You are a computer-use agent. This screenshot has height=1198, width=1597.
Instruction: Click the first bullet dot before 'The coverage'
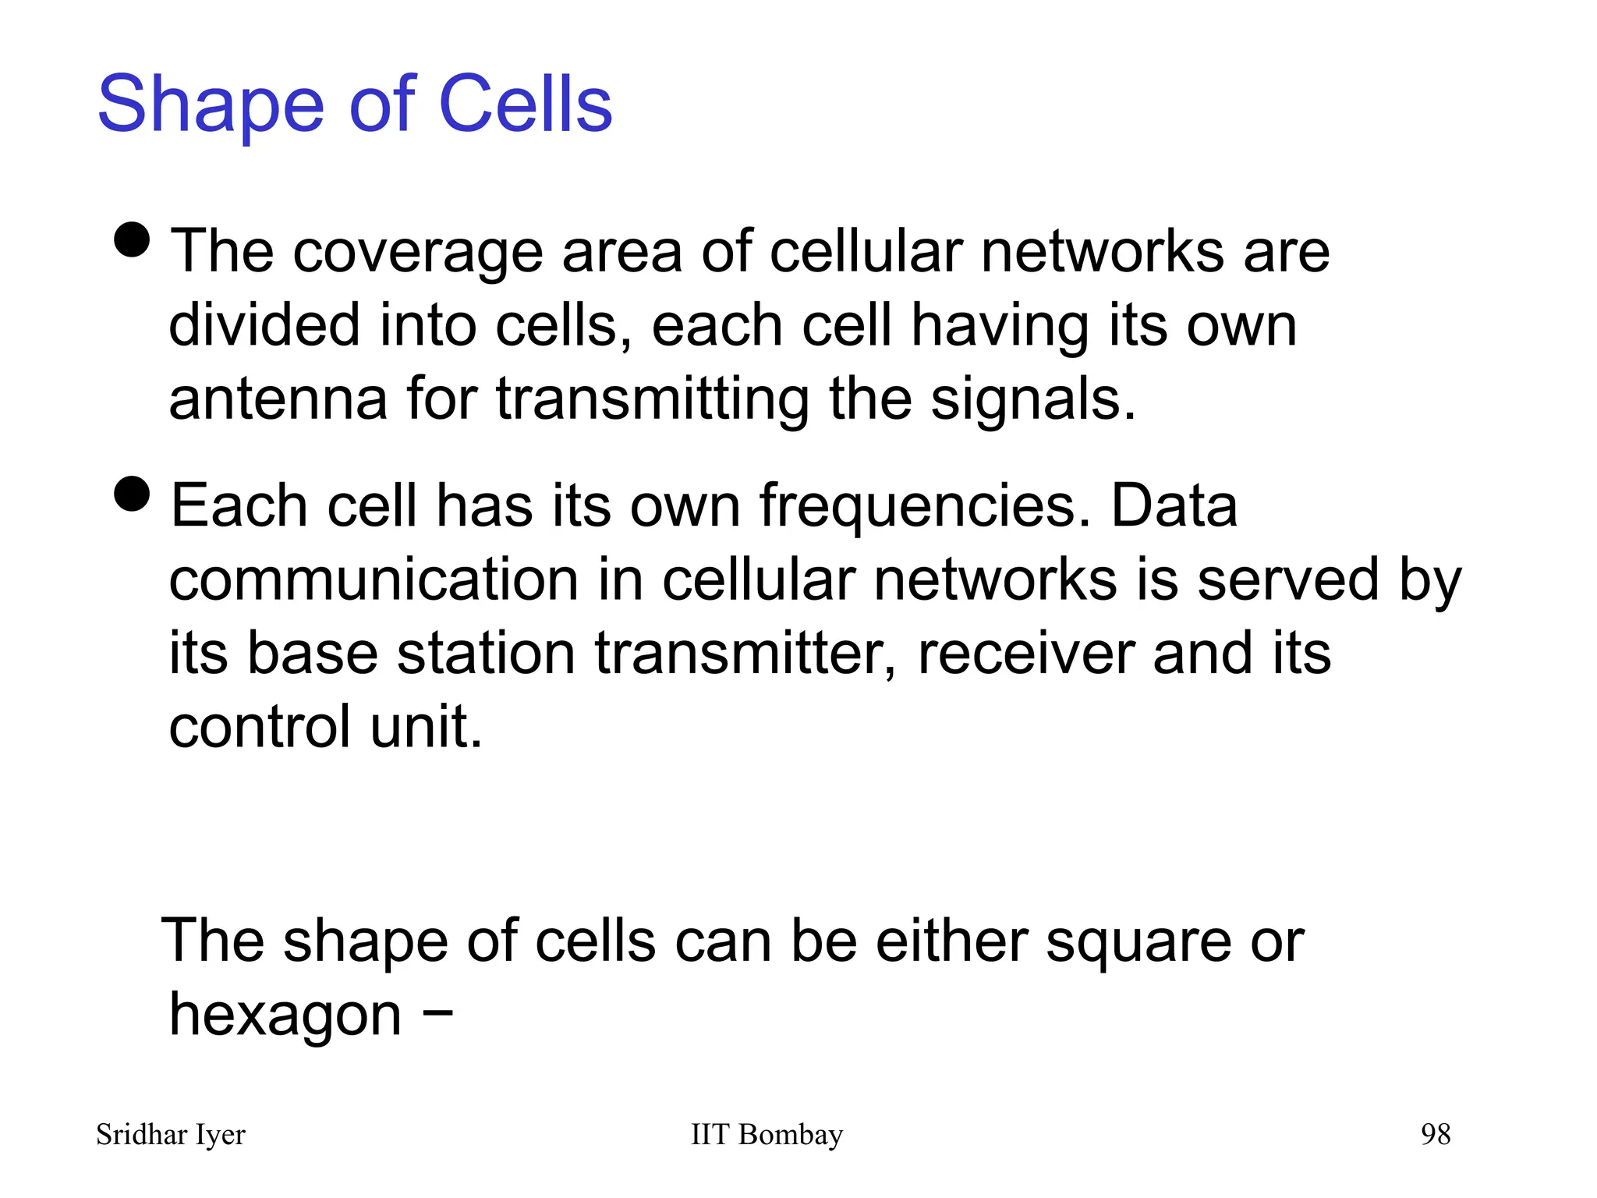(131, 239)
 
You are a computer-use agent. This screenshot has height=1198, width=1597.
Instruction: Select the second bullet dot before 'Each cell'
(131, 494)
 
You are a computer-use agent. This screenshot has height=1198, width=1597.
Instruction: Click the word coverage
(417, 253)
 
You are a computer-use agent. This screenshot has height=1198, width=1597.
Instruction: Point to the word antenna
(278, 399)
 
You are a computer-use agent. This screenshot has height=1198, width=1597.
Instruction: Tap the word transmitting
(653, 399)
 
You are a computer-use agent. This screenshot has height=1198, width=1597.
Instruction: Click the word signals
(1032, 399)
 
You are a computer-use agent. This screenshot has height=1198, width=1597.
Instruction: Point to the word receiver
(1025, 653)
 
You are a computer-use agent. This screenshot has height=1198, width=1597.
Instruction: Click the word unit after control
(426, 726)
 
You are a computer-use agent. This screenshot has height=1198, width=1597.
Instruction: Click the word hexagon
(285, 1015)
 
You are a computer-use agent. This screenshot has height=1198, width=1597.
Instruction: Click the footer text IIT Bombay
(767, 1135)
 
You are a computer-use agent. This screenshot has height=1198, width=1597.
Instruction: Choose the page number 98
(1436, 1135)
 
